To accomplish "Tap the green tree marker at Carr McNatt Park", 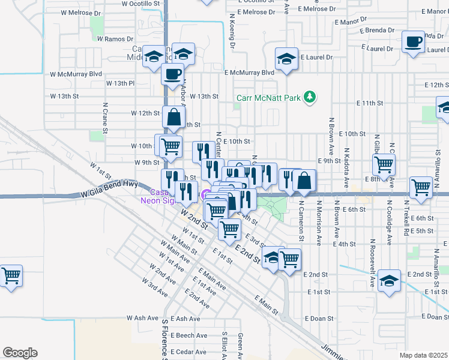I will [310, 97].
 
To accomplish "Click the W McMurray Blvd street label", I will [76, 74].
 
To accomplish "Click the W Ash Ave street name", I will [143, 319].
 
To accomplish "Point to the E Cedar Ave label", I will [188, 352].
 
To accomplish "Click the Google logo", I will [20, 353].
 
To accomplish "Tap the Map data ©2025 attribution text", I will [423, 355].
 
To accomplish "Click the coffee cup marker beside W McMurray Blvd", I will [172, 74].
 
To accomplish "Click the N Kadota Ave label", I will [347, 155].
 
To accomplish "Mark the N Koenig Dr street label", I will [231, 37].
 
